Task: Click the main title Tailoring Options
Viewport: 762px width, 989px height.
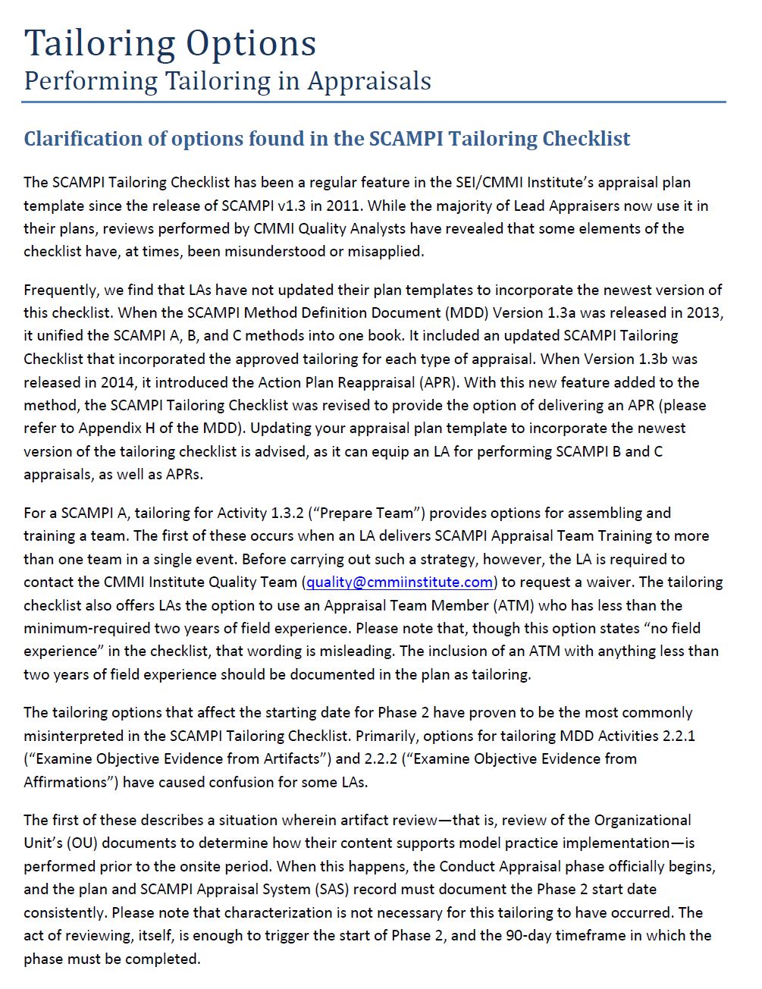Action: pyautogui.click(x=170, y=42)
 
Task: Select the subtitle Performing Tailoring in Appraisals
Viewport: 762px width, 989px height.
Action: pyautogui.click(x=227, y=80)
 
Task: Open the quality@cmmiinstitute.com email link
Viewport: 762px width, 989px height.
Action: pyautogui.click(x=400, y=582)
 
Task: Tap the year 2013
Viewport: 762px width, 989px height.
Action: pyautogui.click(x=706, y=312)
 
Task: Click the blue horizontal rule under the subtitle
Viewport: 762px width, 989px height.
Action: pyautogui.click(x=375, y=102)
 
